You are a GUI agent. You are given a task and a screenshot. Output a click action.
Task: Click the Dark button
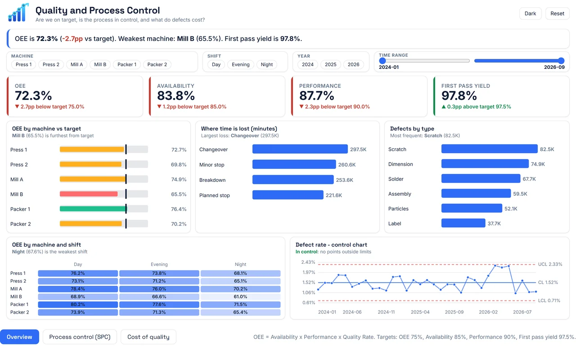(x=530, y=13)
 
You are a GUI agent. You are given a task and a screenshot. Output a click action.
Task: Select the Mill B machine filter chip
(x=100, y=64)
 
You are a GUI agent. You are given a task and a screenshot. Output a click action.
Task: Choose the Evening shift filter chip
(x=240, y=64)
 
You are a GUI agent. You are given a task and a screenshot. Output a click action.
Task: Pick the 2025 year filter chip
(x=330, y=64)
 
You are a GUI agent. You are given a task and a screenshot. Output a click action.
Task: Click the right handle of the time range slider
(x=561, y=61)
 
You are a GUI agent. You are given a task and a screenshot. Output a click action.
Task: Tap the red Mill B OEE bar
(x=89, y=194)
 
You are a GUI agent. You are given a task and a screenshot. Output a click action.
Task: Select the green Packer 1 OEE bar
(x=93, y=209)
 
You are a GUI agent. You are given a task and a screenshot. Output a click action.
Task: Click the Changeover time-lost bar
(x=300, y=149)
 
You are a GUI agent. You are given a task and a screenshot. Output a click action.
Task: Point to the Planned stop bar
(x=288, y=195)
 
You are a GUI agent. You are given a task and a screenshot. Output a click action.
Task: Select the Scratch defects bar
(x=489, y=149)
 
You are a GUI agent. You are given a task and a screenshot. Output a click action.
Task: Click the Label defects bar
(x=463, y=223)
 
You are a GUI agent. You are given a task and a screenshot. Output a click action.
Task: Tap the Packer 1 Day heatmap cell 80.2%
(x=78, y=305)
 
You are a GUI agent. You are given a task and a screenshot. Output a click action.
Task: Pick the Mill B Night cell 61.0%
(x=240, y=297)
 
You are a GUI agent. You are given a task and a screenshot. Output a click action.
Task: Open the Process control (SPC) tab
(x=80, y=337)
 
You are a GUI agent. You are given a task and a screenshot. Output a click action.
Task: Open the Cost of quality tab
(x=148, y=337)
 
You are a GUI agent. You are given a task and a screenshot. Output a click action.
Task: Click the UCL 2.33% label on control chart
(x=550, y=264)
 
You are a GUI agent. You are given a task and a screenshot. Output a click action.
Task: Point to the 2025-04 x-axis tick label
(x=420, y=312)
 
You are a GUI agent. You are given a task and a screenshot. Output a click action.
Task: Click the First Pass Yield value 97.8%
(x=459, y=96)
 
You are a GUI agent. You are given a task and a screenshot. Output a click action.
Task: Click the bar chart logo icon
(x=18, y=13)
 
